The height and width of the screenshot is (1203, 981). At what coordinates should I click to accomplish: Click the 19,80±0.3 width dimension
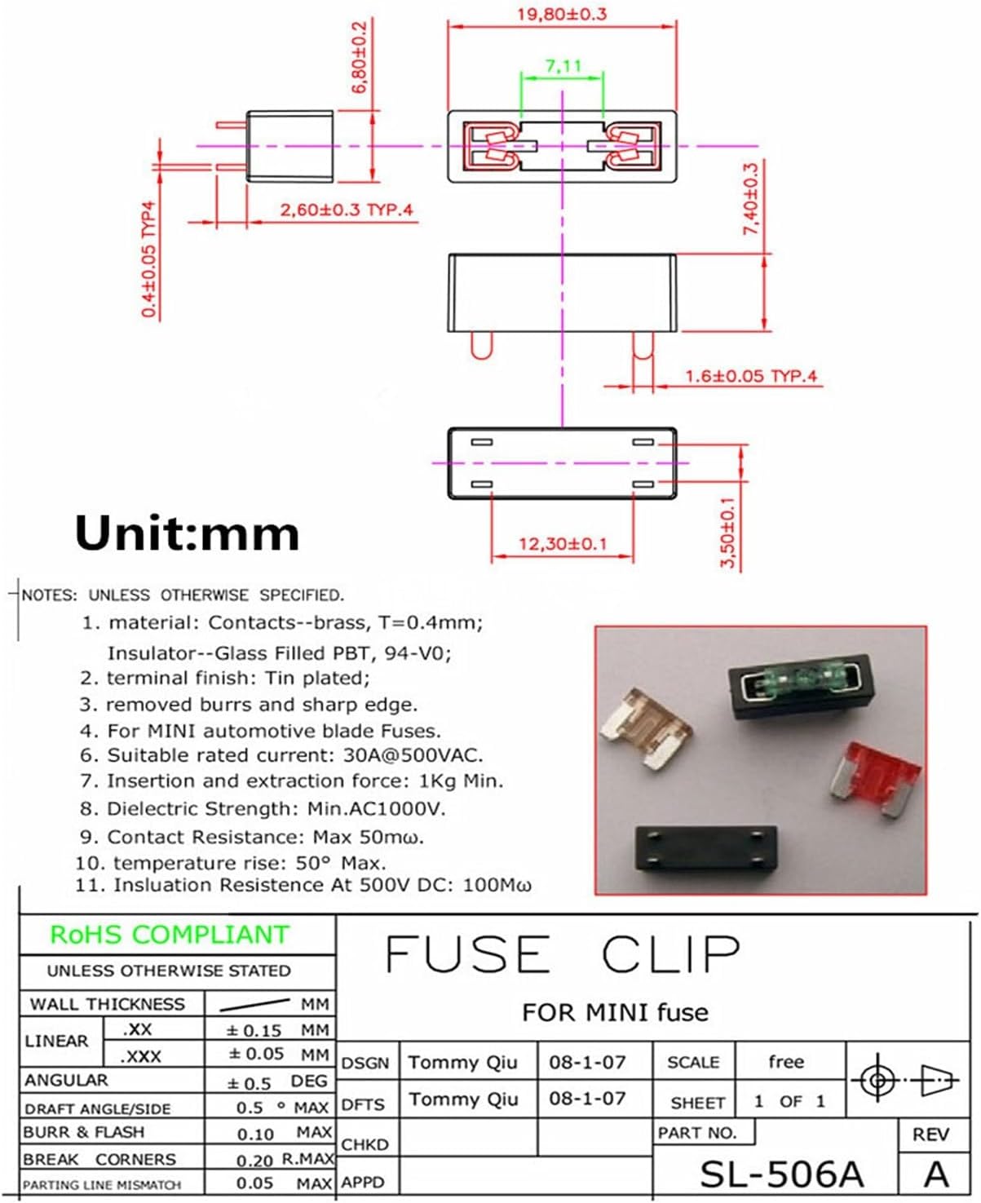pyautogui.click(x=562, y=14)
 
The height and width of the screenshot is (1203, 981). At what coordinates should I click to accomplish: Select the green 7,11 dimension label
pyautogui.click(x=563, y=64)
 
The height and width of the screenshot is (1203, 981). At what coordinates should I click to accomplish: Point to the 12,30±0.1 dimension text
pyautogui.click(x=563, y=543)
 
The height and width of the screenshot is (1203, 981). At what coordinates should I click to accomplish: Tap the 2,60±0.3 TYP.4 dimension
pyautogui.click(x=347, y=210)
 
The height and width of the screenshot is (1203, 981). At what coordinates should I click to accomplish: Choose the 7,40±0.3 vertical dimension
pyautogui.click(x=751, y=199)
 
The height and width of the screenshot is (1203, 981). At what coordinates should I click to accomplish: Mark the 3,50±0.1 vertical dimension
pyautogui.click(x=728, y=533)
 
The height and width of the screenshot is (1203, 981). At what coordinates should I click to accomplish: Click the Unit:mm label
pyautogui.click(x=187, y=533)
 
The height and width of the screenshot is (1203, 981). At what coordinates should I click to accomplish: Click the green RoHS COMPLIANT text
pyautogui.click(x=170, y=935)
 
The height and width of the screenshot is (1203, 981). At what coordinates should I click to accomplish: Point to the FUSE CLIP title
pyautogui.click(x=563, y=953)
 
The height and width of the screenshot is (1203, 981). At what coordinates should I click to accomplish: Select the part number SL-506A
pyautogui.click(x=780, y=1174)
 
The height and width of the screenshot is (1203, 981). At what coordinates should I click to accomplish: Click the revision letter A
pyautogui.click(x=936, y=1174)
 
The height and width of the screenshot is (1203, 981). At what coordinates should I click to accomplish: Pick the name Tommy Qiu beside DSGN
pyautogui.click(x=462, y=1062)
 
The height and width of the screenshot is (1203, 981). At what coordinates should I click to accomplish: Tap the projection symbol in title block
pyautogui.click(x=904, y=1080)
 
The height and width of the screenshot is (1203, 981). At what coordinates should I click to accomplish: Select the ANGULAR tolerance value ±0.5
pyautogui.click(x=249, y=1082)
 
